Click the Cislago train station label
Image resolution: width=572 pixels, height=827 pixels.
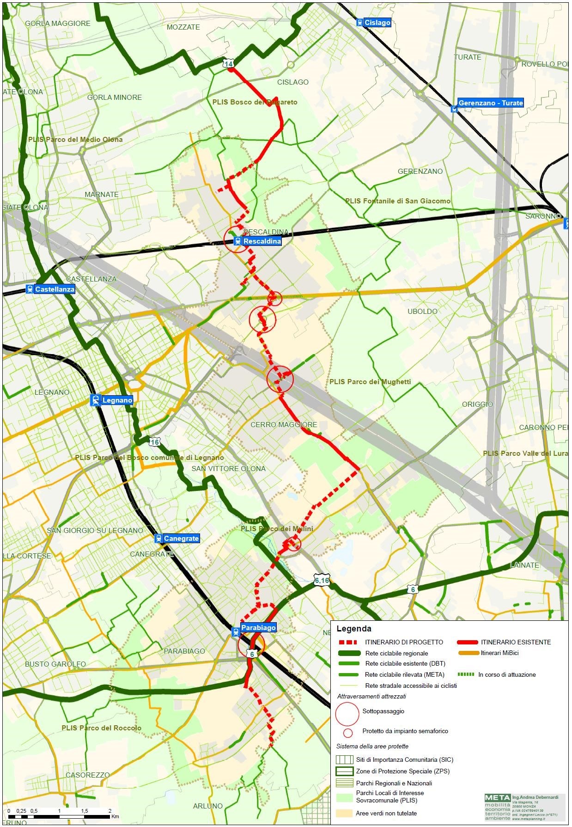click(377, 23)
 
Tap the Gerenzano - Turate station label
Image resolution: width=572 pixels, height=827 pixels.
click(490, 103)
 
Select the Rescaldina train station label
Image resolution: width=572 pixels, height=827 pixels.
click(262, 241)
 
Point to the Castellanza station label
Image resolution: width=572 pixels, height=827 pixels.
click(55, 289)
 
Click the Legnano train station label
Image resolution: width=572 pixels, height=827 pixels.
click(117, 400)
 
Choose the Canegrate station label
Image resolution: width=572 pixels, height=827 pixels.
click(181, 539)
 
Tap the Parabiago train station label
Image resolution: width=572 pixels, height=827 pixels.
click(258, 628)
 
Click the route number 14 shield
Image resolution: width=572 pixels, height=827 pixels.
click(229, 64)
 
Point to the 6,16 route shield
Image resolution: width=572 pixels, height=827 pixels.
click(322, 581)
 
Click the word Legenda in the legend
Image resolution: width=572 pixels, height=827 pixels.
click(354, 629)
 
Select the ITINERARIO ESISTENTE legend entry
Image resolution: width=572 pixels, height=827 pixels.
click(516, 642)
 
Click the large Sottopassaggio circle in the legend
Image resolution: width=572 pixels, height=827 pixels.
click(347, 713)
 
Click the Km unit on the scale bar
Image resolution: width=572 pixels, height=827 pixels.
click(115, 816)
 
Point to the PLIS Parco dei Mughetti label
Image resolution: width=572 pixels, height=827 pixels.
click(370, 382)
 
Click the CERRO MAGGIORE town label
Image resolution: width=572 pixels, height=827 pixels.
click(284, 424)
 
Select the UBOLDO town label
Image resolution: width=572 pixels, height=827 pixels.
click(422, 311)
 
